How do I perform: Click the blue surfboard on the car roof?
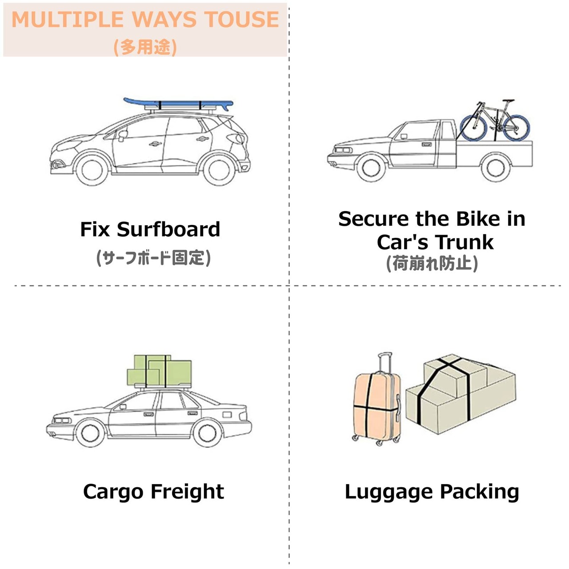178,104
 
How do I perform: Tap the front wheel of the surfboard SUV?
92,170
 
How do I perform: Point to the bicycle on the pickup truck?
495,121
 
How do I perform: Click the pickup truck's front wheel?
371,168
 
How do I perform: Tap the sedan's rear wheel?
207,433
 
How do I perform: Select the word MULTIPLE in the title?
68,20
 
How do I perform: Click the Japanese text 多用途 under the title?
145,47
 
